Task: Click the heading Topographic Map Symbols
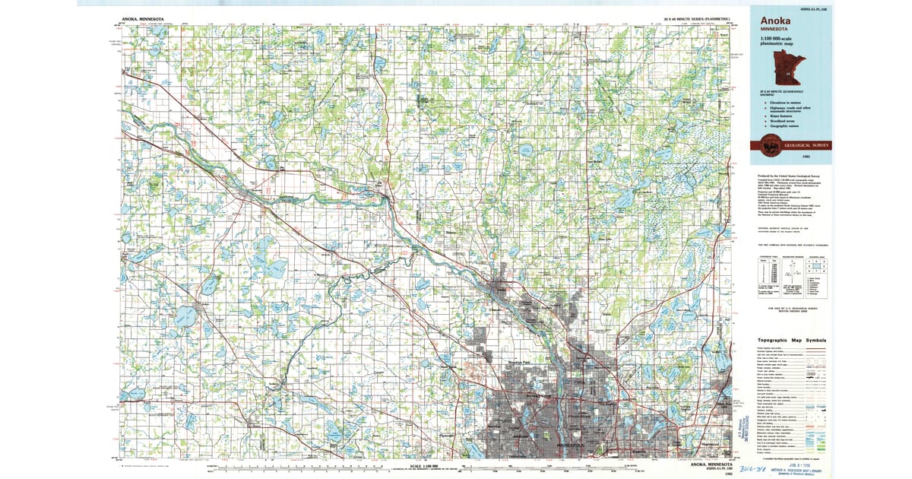pos(790,341)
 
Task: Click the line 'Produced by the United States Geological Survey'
pos(783,176)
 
